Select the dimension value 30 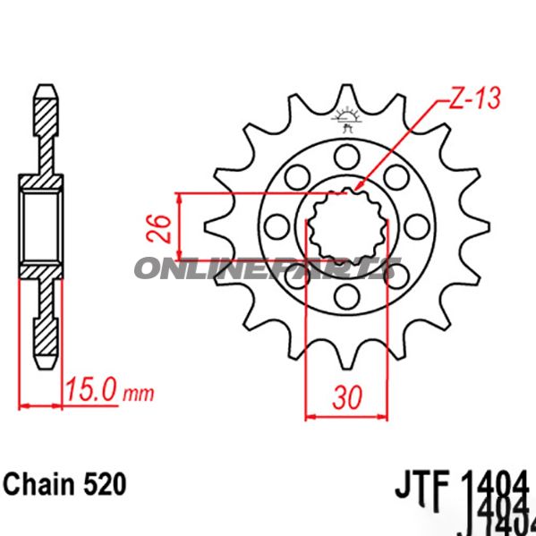point(348,395)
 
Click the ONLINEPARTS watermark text point(268,267)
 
